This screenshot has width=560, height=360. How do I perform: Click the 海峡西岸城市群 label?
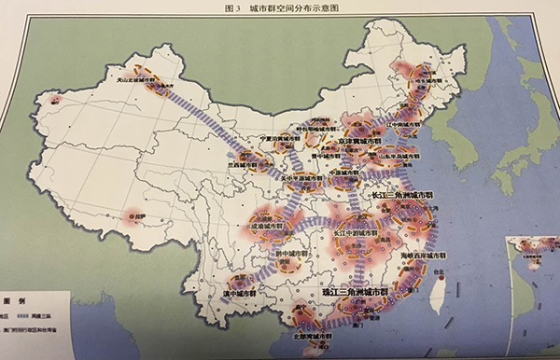click(425, 255)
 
